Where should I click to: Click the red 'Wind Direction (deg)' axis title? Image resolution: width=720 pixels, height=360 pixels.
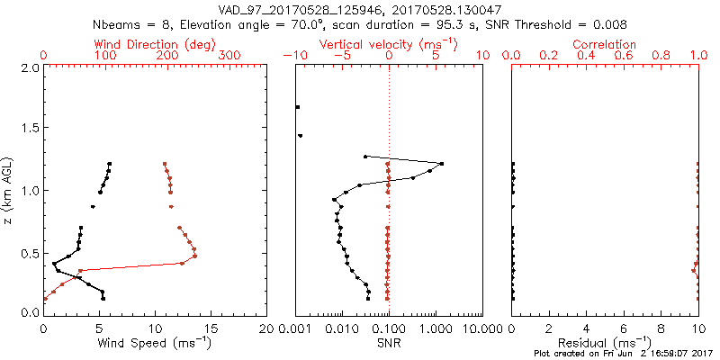click(154, 44)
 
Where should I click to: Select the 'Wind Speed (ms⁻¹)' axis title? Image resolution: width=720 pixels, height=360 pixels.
click(156, 342)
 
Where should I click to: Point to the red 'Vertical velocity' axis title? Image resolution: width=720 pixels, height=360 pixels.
click(388, 44)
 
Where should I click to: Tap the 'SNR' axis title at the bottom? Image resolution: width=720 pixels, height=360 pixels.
click(389, 342)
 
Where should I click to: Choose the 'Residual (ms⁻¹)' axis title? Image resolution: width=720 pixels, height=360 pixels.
click(605, 342)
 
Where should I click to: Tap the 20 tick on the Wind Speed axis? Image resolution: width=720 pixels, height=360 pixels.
click(266, 328)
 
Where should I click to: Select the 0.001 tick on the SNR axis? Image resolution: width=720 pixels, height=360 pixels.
click(295, 328)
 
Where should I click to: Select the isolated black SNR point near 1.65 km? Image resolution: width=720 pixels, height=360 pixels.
click(298, 107)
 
